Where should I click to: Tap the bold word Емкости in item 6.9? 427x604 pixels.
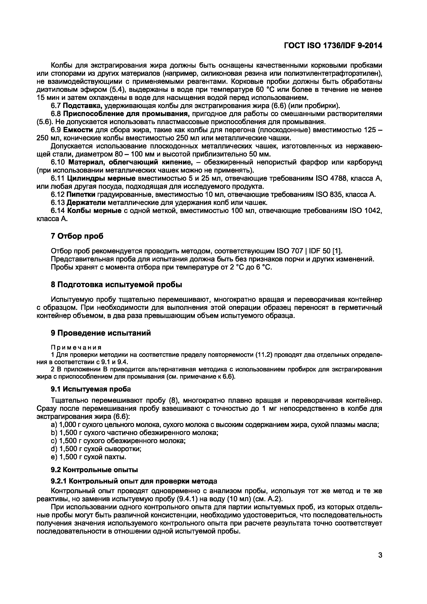(78, 130)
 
